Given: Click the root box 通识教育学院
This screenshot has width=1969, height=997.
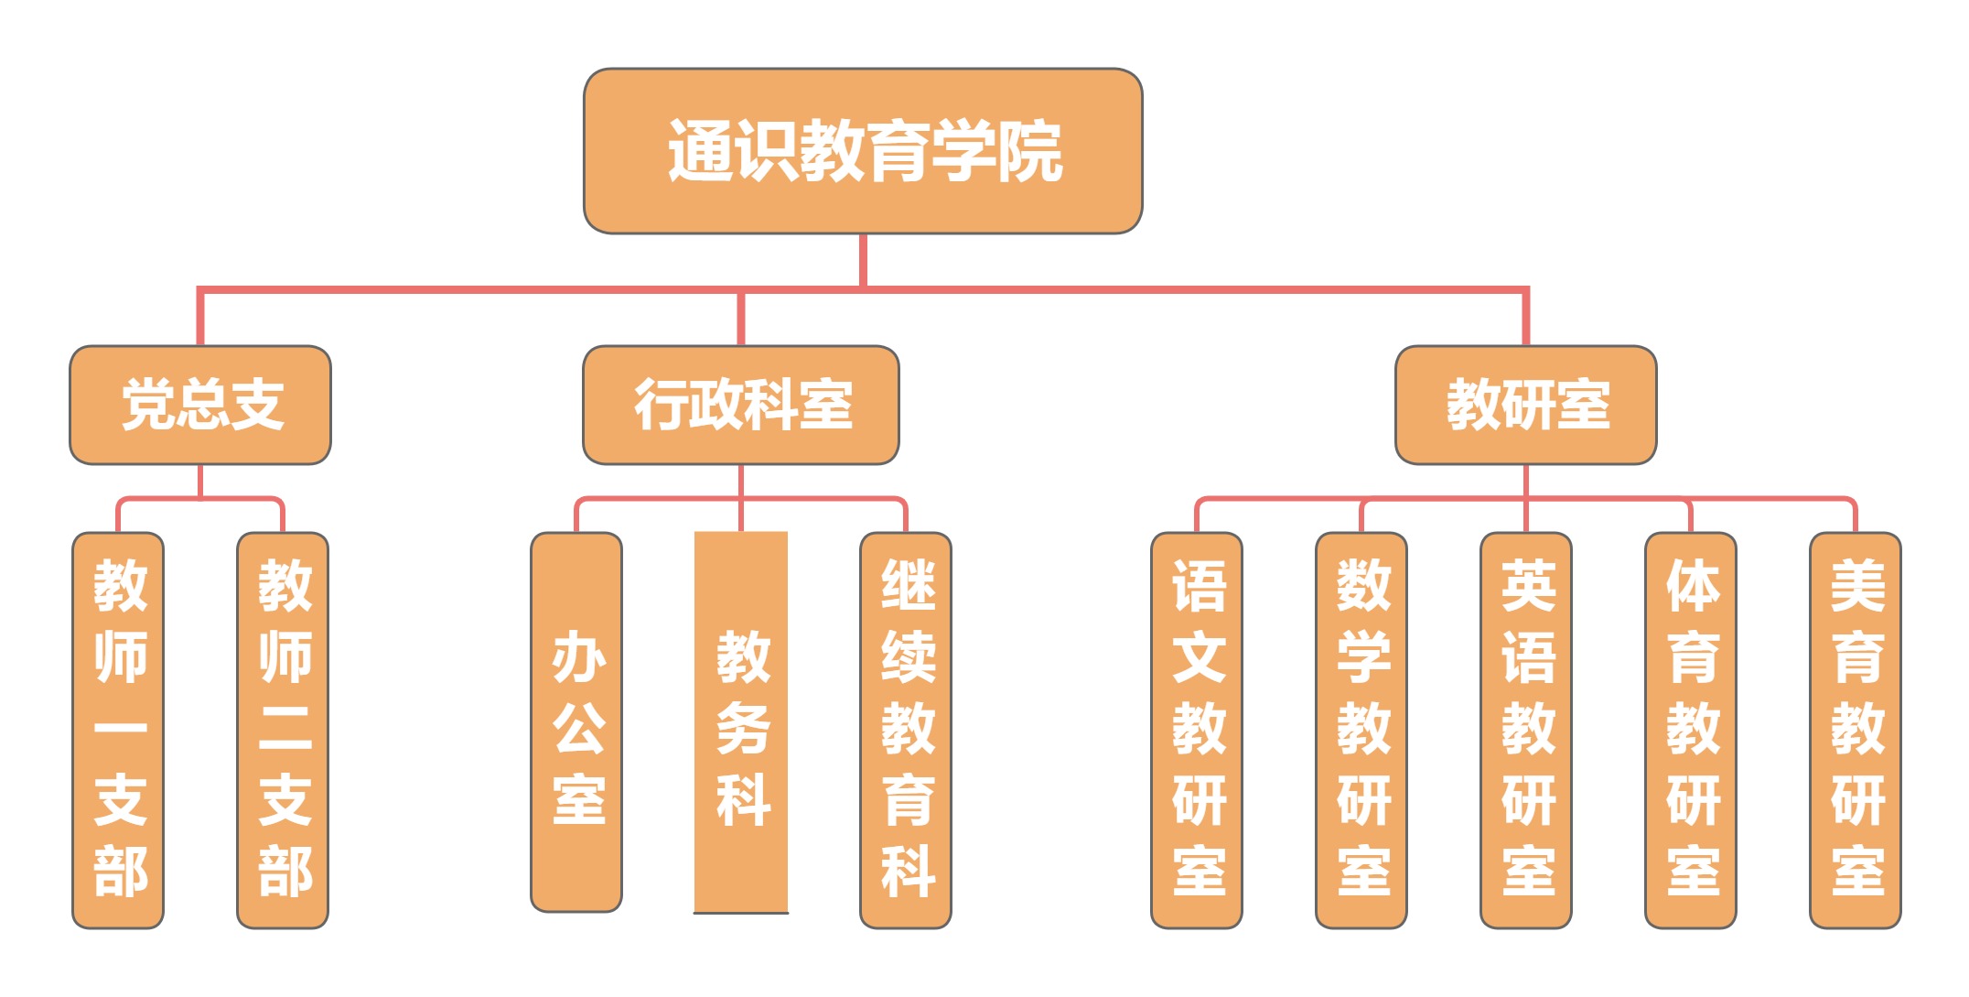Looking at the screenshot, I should pos(863,151).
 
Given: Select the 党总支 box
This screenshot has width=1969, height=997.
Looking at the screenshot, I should pos(200,405).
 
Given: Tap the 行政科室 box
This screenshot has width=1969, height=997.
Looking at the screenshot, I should pos(741,405).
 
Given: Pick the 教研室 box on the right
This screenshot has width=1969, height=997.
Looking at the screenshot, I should pos(1525,405).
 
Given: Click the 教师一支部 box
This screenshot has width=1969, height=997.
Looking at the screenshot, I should pos(119,730).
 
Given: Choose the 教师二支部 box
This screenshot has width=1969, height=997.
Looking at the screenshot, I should pos(283,730).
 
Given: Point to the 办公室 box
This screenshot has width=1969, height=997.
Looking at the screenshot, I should pos(576,723).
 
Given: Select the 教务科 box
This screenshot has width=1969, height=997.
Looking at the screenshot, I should pos(741,723).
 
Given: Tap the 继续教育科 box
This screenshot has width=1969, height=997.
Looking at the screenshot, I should pos(906,730).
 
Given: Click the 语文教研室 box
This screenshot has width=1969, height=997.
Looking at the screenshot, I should pos(1197,730).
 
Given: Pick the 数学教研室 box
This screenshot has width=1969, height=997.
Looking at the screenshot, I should pos(1361,730).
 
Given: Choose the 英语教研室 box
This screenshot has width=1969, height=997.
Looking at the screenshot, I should pos(1526,730).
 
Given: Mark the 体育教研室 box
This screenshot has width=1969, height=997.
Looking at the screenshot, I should pos(1691,730).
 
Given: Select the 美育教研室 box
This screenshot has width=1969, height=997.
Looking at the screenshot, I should pos(1856,730).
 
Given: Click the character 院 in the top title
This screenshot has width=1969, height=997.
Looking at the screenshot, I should pos(1029,152).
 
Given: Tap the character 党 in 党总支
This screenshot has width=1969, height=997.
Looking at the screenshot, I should pos(147,405).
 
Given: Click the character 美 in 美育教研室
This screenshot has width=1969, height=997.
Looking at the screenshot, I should pos(1857,586).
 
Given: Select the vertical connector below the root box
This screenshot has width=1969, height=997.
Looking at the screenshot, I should pos(863,261).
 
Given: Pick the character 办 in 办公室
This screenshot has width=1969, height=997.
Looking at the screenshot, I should pos(578,657).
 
